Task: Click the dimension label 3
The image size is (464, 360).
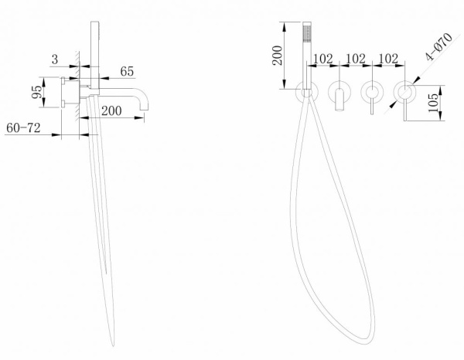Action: [55, 59]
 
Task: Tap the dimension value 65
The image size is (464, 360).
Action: [127, 71]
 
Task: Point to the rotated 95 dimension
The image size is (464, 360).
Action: [37, 92]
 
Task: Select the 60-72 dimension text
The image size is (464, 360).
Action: [23, 128]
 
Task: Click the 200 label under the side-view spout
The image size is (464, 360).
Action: [111, 110]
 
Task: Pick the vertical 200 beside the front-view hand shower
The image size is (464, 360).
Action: [278, 56]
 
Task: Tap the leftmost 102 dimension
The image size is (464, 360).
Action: [322, 59]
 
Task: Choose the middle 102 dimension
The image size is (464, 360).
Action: [356, 59]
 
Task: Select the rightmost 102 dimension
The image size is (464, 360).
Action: [388, 59]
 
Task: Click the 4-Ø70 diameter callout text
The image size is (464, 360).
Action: [438, 46]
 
